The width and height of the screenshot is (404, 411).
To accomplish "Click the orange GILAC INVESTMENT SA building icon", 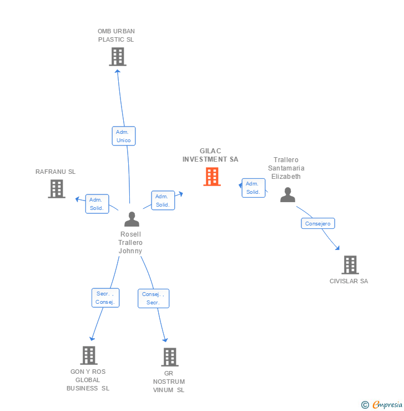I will click(212, 177).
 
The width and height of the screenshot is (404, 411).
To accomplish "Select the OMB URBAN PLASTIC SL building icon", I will click(117, 57).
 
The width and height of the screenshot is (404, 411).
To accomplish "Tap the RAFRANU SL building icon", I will click(57, 189).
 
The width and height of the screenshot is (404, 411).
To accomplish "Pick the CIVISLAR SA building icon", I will click(350, 265).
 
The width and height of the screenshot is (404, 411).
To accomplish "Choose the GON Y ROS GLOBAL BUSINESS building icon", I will click(89, 355).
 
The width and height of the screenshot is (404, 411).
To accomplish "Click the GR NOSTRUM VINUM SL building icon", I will click(170, 357).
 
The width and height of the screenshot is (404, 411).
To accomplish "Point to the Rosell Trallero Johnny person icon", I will click(132, 219).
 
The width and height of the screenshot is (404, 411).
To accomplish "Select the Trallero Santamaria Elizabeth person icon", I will click(287, 195).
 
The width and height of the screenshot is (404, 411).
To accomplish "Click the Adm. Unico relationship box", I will click(123, 136).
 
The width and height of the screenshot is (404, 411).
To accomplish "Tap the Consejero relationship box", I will click(318, 223).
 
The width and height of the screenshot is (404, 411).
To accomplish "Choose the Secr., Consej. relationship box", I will click(105, 298).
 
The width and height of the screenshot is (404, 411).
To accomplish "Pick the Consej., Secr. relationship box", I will click(153, 298).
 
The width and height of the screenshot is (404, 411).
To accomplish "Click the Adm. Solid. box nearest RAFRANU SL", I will click(97, 204).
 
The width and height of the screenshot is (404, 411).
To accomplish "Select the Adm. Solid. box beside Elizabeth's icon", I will click(253, 188).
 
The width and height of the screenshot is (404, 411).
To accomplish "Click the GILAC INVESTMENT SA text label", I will click(210, 155).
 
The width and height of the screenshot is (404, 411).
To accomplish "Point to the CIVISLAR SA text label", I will click(349, 281).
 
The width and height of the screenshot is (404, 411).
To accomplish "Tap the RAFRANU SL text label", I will click(55, 172).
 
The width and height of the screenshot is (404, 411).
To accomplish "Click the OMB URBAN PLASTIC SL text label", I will click(116, 35).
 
